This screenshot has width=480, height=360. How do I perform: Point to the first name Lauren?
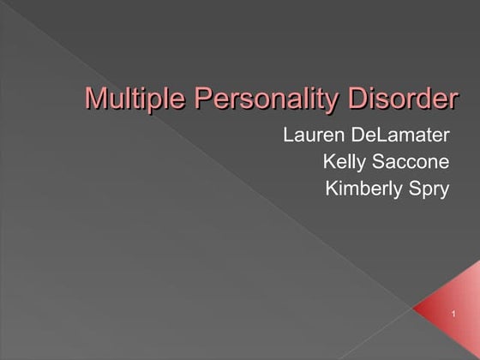(313, 135)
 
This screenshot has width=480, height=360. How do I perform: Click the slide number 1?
(452, 319)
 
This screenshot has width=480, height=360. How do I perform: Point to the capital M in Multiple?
(95, 99)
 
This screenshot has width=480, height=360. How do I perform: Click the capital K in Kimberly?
(332, 189)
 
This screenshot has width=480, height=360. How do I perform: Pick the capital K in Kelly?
(329, 162)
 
